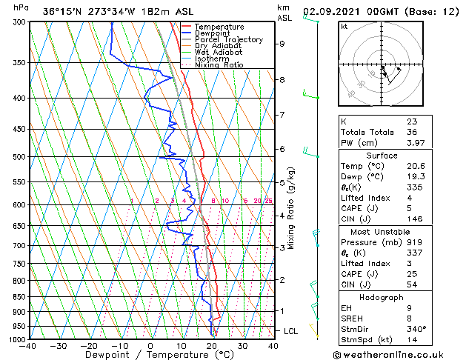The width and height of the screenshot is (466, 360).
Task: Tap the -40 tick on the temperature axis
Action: (x=29, y=345)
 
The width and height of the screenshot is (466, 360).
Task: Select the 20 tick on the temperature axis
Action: (x=211, y=345)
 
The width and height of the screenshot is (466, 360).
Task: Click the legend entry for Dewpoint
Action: (x=213, y=33)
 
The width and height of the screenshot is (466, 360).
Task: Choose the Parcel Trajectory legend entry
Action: (x=227, y=40)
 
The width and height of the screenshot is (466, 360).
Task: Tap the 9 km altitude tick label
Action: (x=282, y=44)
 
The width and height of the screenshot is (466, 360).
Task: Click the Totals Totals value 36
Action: (x=412, y=132)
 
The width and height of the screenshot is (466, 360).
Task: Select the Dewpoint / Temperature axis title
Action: (x=150, y=355)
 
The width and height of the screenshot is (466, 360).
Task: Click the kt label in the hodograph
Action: (x=344, y=26)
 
